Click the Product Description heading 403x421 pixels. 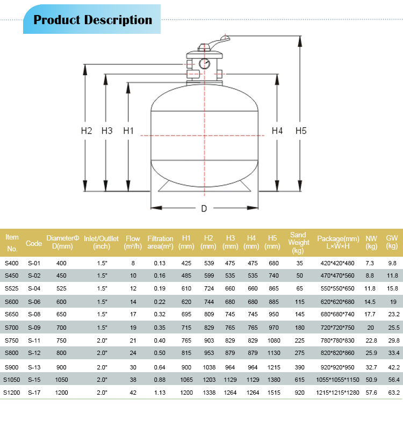(92, 20)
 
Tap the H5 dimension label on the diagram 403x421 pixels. (301, 131)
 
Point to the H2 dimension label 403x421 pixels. (87, 131)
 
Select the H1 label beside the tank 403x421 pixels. (128, 131)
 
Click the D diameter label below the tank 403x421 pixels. (204, 208)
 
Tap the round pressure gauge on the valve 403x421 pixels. (204, 63)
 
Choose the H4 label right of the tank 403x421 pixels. (277, 131)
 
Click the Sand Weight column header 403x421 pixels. (298, 243)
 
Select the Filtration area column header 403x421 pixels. (160, 243)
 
